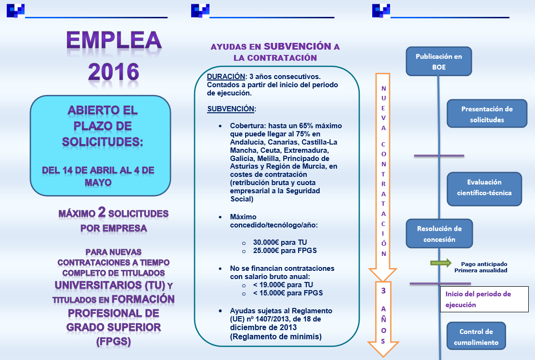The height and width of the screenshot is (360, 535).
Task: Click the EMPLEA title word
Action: click(114, 41)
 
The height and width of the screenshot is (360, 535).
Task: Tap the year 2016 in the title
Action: click(114, 72)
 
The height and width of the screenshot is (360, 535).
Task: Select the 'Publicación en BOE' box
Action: click(438, 62)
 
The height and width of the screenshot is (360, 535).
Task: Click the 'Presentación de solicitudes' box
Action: click(486, 114)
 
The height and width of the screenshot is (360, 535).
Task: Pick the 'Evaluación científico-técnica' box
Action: click(484, 188)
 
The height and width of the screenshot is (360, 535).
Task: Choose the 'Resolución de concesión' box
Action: click(439, 234)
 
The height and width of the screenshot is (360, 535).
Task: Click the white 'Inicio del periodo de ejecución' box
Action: click(487, 299)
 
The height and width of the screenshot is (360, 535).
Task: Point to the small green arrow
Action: click(441, 263)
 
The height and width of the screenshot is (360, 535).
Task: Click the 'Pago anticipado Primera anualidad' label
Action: click(483, 267)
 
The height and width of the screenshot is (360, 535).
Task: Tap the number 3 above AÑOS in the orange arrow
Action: click(383, 291)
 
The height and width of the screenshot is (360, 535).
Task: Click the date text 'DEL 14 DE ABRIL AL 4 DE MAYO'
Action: click(98, 176)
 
